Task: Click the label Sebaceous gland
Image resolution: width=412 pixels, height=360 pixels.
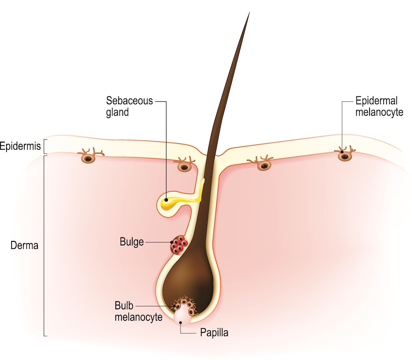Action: click(129, 106)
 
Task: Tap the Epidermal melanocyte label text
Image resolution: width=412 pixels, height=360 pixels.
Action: click(379, 106)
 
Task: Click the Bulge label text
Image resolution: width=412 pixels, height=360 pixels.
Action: click(132, 242)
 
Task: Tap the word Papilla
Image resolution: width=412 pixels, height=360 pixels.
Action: click(214, 332)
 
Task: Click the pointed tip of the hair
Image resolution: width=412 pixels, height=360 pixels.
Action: click(249, 13)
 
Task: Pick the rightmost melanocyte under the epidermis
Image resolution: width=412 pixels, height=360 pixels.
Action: click(344, 155)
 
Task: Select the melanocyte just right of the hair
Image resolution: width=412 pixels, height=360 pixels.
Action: click(264, 165)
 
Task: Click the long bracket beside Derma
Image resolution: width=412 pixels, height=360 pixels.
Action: click(44, 245)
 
